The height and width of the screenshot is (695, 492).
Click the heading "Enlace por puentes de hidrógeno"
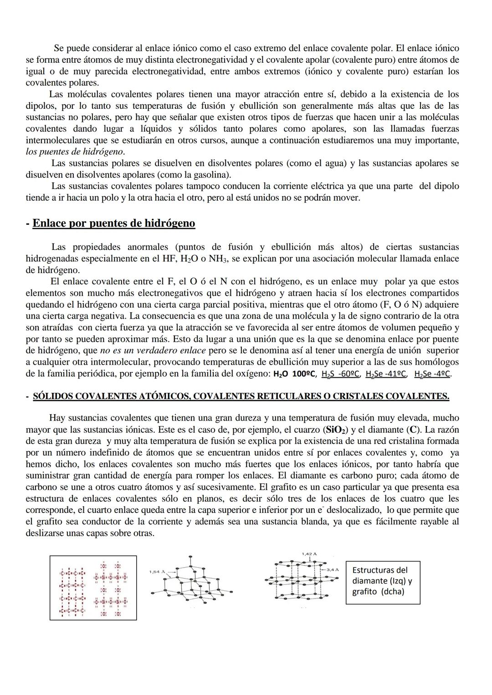[x=113, y=223]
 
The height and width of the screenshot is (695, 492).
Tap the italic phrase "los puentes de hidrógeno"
[x=75, y=152]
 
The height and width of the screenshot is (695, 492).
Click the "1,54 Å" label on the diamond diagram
[x=157, y=571]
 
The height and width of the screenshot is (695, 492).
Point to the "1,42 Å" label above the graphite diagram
[x=309, y=554]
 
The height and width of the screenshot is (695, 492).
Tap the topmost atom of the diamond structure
[x=190, y=557]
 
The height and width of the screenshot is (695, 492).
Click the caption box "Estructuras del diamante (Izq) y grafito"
[x=383, y=581]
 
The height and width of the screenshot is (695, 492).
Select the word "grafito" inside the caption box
[x=364, y=592]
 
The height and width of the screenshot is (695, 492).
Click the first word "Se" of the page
[x=59, y=48]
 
